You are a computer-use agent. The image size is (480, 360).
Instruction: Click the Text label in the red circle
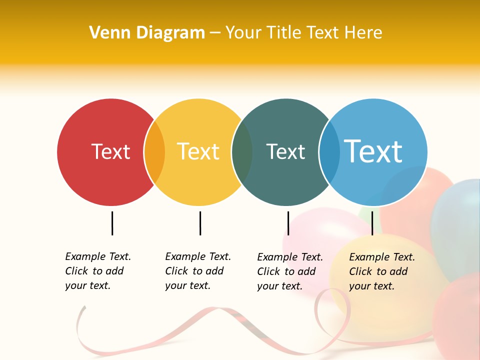tap(110, 151)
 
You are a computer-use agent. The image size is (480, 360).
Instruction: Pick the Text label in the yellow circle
tap(198, 151)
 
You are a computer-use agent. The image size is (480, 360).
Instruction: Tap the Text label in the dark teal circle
tap(285, 151)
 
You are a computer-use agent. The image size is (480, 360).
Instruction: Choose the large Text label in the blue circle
tap(373, 151)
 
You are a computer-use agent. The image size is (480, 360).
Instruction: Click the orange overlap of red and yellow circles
tap(154, 152)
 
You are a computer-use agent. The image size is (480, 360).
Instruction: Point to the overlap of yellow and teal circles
tap(242, 152)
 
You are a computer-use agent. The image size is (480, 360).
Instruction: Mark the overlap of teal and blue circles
tap(329, 152)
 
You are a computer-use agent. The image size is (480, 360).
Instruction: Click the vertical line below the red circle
tap(112, 223)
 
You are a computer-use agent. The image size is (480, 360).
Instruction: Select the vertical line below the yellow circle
tap(200, 223)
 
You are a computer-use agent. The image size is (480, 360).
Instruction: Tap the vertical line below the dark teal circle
tap(288, 223)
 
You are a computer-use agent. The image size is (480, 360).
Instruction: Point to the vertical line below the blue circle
tap(372, 223)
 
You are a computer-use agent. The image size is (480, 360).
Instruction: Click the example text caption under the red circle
tap(97, 271)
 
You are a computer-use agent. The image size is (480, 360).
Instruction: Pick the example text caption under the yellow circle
tap(197, 271)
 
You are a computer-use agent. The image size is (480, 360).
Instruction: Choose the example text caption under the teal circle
tap(289, 271)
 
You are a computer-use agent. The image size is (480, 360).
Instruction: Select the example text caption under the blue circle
tap(381, 271)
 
